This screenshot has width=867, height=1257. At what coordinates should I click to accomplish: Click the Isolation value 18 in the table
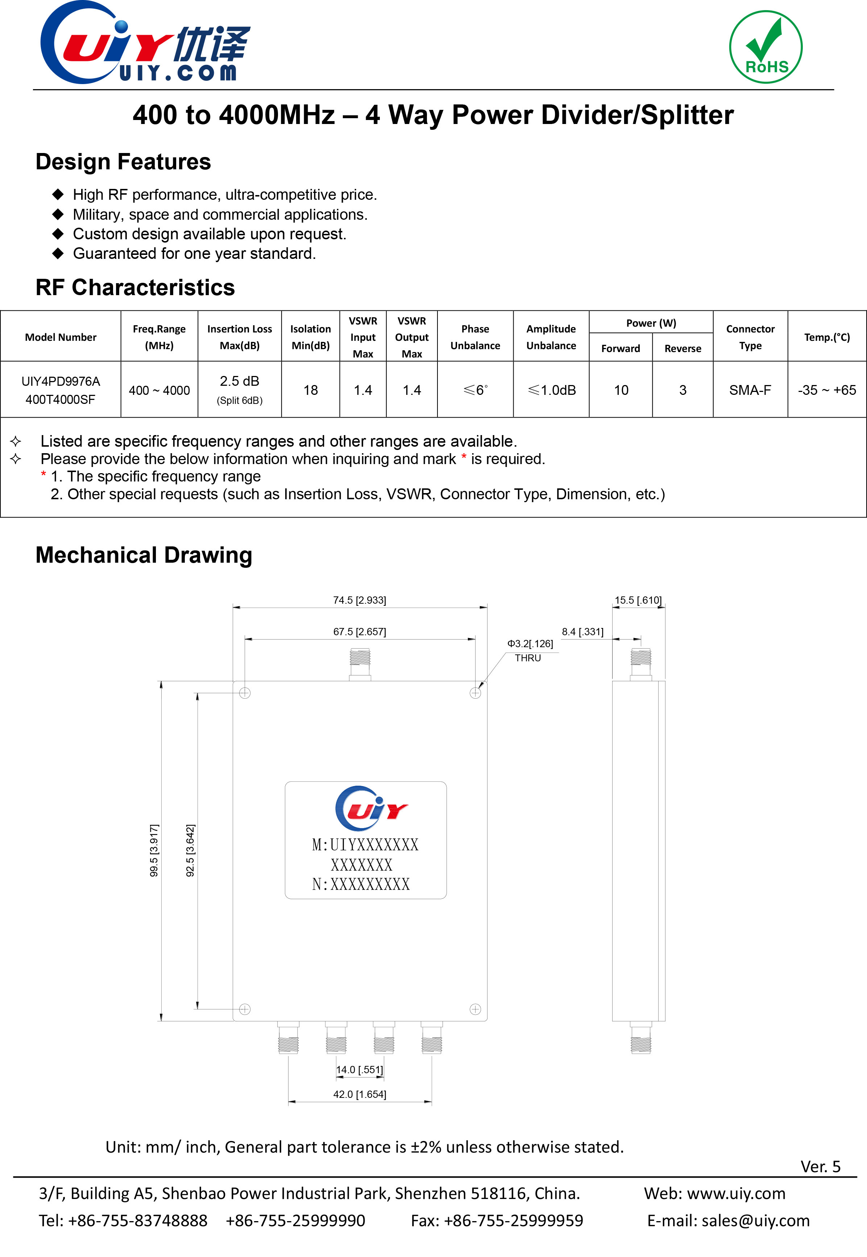(310, 390)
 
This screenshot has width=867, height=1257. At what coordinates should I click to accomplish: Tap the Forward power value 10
(621, 390)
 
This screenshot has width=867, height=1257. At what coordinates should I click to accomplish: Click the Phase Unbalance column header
(475, 337)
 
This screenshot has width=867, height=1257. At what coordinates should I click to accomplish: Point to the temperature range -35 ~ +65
(826, 390)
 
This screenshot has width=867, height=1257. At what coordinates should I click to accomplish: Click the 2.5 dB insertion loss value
(240, 381)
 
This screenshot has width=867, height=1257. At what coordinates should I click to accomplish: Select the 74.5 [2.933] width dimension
(359, 600)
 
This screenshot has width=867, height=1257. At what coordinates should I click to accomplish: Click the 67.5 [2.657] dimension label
(359, 632)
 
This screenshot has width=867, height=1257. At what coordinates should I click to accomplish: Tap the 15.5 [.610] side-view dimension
(638, 600)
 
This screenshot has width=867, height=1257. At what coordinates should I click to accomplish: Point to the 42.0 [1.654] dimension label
(359, 1094)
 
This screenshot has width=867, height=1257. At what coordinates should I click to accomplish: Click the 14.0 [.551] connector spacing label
(359, 1070)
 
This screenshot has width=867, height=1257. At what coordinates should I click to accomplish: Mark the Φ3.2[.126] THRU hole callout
(530, 650)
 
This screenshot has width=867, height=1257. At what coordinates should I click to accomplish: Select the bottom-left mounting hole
(245, 1009)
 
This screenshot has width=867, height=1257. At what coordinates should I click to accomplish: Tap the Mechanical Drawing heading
(144, 555)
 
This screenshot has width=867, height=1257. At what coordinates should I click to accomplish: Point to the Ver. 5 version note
(820, 1166)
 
